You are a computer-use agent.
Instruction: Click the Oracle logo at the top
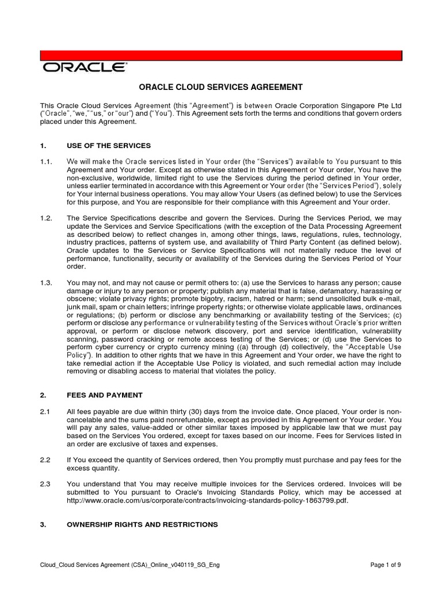[x=84, y=67]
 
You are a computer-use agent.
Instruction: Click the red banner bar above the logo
[x=220, y=55]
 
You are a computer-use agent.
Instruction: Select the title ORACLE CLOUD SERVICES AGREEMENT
[x=220, y=87]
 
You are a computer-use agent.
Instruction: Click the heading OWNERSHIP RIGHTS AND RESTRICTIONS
[x=142, y=524]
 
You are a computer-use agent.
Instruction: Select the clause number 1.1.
[x=46, y=162]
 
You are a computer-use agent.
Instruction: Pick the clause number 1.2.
[x=46, y=218]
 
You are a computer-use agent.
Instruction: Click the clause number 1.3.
[x=46, y=282]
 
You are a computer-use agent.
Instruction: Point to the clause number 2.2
[x=45, y=459]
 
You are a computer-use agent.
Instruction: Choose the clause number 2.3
[x=45, y=484]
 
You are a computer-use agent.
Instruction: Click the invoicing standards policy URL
[x=208, y=501]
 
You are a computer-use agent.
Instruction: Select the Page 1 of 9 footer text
[x=385, y=565]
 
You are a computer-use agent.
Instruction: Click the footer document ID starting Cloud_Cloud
[x=129, y=565]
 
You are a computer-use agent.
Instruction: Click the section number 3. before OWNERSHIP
[x=43, y=524]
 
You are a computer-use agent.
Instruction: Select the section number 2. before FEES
[x=43, y=395]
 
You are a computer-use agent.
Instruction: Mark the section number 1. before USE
[x=43, y=145]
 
